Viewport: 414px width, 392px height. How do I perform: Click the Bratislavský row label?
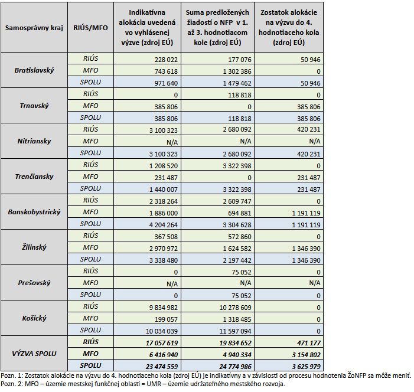[x=34, y=70]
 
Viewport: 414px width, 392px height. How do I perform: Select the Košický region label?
[x=34, y=318]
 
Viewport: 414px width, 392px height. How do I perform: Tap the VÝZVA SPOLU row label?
[x=34, y=354]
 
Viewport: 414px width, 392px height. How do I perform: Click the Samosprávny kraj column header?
[x=34, y=28]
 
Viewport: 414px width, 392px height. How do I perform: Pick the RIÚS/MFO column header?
[x=91, y=28]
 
